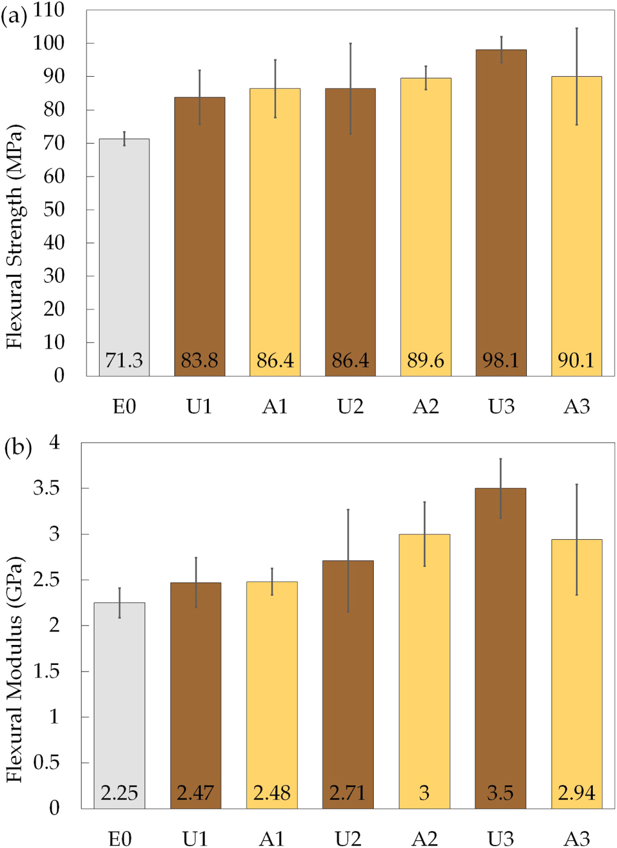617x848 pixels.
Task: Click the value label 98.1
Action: click(x=501, y=360)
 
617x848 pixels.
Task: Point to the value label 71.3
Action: click(x=124, y=360)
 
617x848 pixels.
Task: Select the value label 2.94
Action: click(x=576, y=792)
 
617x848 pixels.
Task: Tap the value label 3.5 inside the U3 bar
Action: click(x=500, y=792)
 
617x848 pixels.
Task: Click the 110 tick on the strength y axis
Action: click(x=49, y=10)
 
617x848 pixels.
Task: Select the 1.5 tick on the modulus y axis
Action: click(x=47, y=671)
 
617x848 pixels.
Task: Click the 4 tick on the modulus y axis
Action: click(x=54, y=442)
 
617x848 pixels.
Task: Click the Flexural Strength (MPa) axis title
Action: click(x=15, y=237)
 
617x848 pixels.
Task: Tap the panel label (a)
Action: click(x=15, y=16)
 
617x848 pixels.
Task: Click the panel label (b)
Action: click(x=18, y=448)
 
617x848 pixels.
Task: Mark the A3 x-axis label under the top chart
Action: click(x=576, y=407)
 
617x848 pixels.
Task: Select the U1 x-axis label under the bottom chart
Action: click(x=195, y=838)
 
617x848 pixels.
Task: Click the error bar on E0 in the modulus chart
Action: click(x=119, y=602)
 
